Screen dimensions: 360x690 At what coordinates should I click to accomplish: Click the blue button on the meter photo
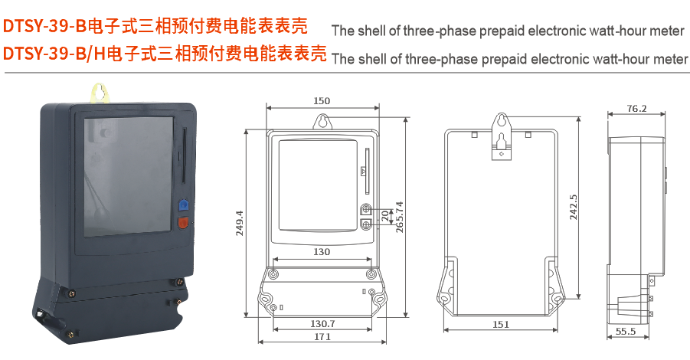pyautogui.click(x=183, y=205)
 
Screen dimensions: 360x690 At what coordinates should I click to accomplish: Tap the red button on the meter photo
pyautogui.click(x=183, y=224)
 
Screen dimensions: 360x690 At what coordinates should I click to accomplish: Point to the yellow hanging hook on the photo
pyautogui.click(x=98, y=93)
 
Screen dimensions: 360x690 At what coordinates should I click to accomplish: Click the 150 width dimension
pyautogui.click(x=322, y=101)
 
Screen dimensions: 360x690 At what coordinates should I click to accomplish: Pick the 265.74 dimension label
pyautogui.click(x=398, y=221)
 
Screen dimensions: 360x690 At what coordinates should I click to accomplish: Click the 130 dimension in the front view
pyautogui.click(x=322, y=252)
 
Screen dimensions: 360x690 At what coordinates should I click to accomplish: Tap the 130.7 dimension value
pyautogui.click(x=322, y=324)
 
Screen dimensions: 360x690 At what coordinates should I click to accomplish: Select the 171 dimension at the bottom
pyautogui.click(x=322, y=338)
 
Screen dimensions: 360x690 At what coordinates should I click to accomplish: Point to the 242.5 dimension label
pyautogui.click(x=574, y=207)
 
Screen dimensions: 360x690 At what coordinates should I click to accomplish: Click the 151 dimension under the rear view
pyautogui.click(x=500, y=325)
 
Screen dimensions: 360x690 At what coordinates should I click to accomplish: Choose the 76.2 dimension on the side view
pyautogui.click(x=636, y=109)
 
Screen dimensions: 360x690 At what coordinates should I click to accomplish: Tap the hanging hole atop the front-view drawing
pyautogui.click(x=322, y=122)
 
